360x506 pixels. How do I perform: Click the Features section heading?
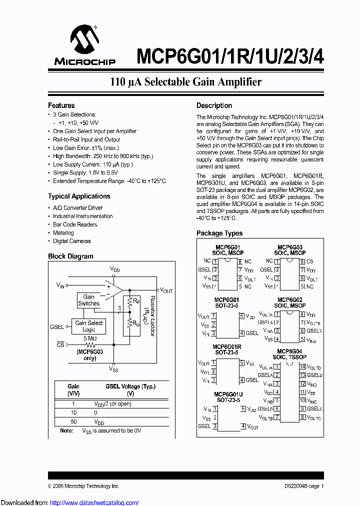coord(61,105)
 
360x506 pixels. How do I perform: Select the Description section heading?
coord(214,105)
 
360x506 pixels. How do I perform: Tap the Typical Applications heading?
coord(79,196)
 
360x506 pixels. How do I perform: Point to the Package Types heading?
coord(219,233)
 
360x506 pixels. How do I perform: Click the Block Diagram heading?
coord(70,256)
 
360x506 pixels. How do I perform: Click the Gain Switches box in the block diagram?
coord(89,300)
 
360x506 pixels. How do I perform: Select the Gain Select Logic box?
coord(88,326)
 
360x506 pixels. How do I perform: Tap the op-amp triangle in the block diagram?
coord(114,289)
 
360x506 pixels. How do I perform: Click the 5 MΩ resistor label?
coord(90,338)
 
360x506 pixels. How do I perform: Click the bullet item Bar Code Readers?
coord(75,224)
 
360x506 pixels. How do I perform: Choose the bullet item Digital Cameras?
coord(72,241)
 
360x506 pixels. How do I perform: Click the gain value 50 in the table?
coord(73,421)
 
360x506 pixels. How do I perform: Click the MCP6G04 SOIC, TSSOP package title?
coord(289,354)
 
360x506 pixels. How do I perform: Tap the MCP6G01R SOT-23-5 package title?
coord(227,349)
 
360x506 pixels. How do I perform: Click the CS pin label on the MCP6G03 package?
coord(310,261)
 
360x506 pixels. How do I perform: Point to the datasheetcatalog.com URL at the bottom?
coord(69,502)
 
